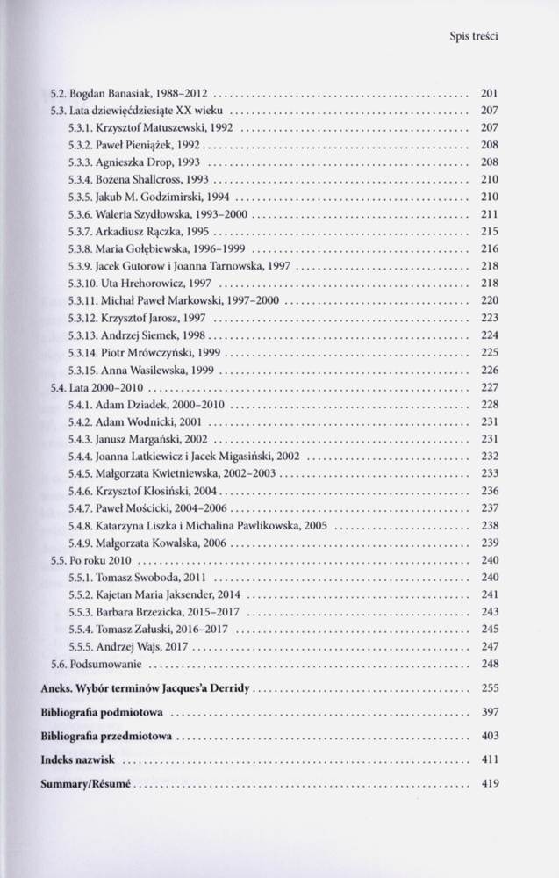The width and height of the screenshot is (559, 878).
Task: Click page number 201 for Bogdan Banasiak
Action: point(490,92)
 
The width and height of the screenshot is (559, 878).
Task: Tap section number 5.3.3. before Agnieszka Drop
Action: point(81,162)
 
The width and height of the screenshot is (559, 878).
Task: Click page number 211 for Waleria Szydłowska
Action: point(490,214)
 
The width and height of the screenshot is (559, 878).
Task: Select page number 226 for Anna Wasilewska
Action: point(490,370)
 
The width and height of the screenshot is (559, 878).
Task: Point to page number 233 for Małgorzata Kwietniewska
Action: point(490,473)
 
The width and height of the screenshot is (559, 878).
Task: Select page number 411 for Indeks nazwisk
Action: point(490,756)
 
